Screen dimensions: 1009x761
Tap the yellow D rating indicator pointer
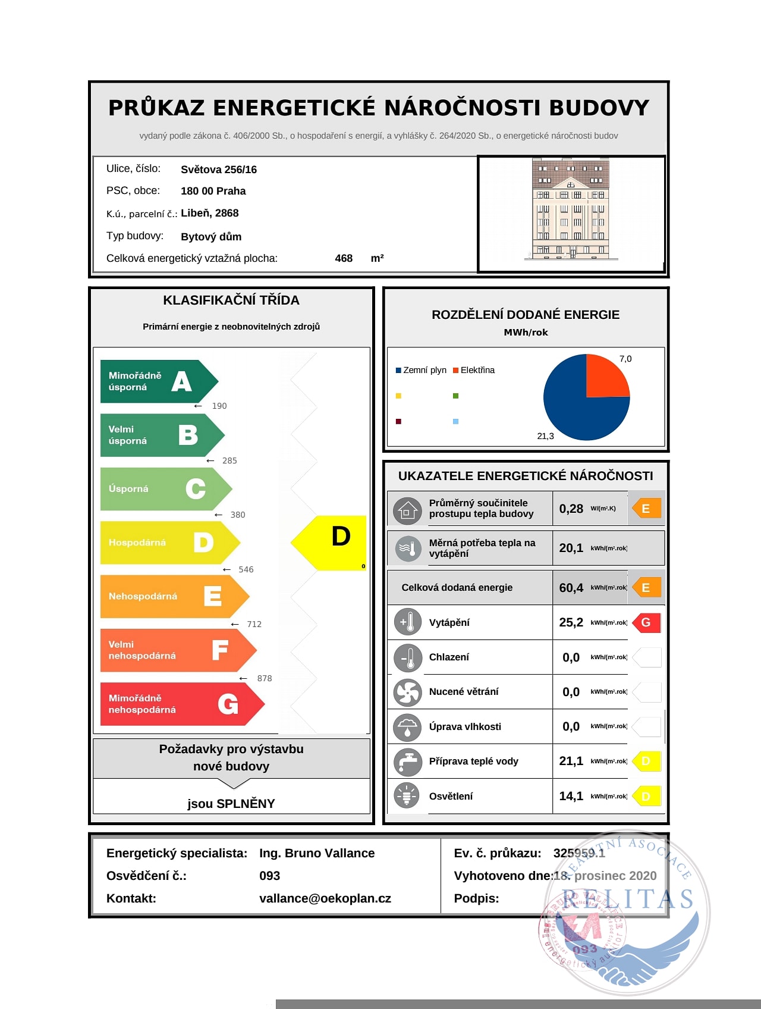(331, 542)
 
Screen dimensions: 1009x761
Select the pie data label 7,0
(625, 359)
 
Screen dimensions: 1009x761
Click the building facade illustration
(571, 209)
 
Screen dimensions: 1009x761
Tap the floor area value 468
(344, 258)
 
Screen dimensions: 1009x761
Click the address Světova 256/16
(219, 170)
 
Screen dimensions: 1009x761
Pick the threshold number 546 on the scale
(246, 569)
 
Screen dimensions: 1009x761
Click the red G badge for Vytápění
(646, 622)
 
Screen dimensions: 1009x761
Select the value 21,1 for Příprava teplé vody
(571, 761)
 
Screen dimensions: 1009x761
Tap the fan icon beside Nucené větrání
(407, 692)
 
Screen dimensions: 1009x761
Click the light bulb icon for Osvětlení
(407, 796)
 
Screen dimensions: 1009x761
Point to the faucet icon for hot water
(407, 762)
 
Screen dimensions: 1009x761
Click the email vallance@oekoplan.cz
(325, 898)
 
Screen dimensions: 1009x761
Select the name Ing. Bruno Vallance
(317, 853)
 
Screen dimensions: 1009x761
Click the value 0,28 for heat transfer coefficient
(571, 509)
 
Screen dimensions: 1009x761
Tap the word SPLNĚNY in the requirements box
(246, 804)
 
